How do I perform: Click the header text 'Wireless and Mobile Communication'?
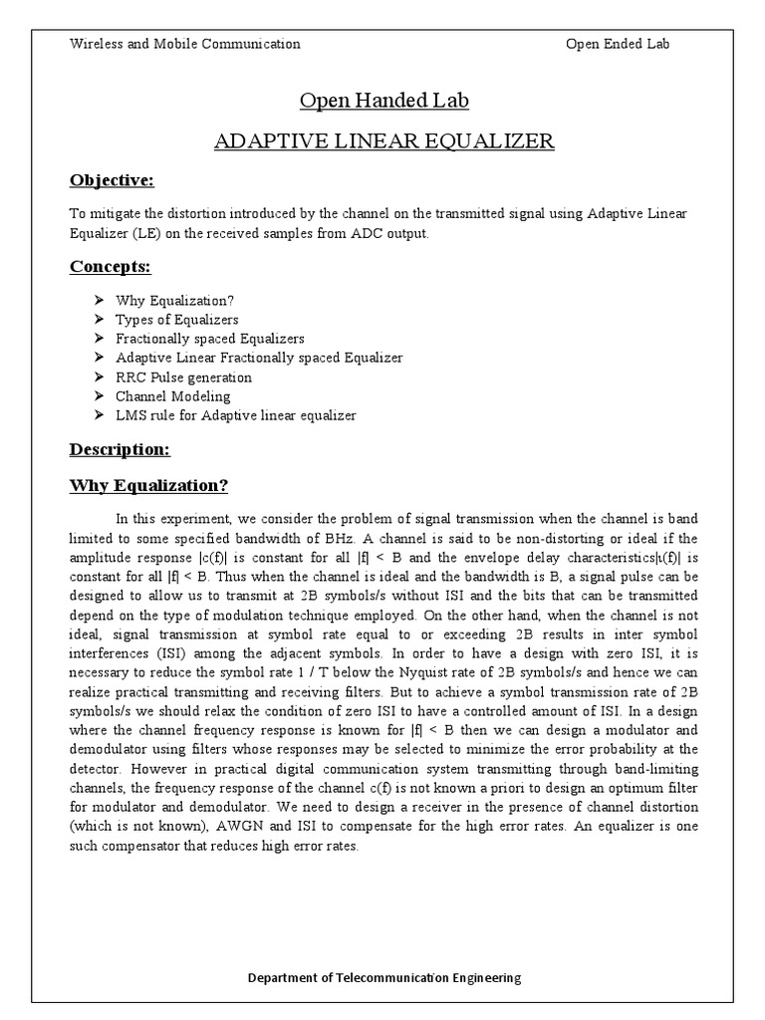click(x=184, y=44)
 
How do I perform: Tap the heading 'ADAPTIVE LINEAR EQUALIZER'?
click(x=383, y=140)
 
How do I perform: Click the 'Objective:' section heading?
click(x=112, y=180)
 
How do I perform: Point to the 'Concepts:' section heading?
click(x=109, y=266)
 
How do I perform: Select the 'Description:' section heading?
click(x=120, y=449)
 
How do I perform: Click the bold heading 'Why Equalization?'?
click(x=148, y=486)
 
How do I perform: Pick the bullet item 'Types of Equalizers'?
click(x=177, y=320)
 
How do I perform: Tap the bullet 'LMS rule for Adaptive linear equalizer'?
click(x=235, y=415)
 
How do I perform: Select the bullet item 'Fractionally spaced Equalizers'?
click(x=210, y=339)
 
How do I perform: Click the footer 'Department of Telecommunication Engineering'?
click(x=383, y=978)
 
